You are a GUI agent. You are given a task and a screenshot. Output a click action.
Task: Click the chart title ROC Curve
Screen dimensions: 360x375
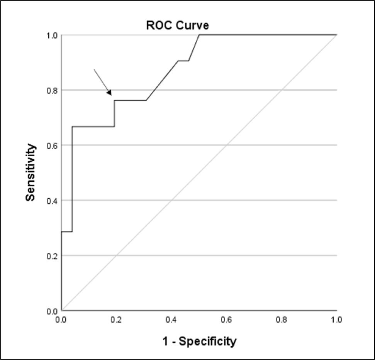pos(177,26)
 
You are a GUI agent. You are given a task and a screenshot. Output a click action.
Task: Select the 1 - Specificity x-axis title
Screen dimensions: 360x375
pos(198,341)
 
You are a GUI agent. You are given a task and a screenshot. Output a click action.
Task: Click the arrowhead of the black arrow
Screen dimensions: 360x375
pos(110,93)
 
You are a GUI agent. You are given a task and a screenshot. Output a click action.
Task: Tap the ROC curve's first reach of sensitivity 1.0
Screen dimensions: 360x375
pos(199,35)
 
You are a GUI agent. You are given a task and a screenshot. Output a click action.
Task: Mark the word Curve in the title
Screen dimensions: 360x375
pos(195,26)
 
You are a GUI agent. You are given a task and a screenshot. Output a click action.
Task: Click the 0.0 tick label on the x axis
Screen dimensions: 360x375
pos(61,320)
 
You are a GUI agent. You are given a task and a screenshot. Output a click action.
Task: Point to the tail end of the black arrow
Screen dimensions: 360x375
pos(94,69)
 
